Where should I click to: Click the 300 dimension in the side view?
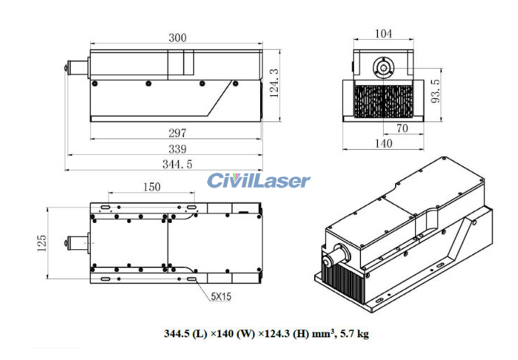[x=178, y=38]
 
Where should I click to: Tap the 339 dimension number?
[x=177, y=149]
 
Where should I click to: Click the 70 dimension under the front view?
[x=401, y=129]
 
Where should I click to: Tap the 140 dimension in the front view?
[x=383, y=143]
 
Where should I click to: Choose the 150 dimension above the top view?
[x=151, y=187]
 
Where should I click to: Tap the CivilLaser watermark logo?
[x=259, y=180]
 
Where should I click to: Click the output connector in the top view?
[x=74, y=242]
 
